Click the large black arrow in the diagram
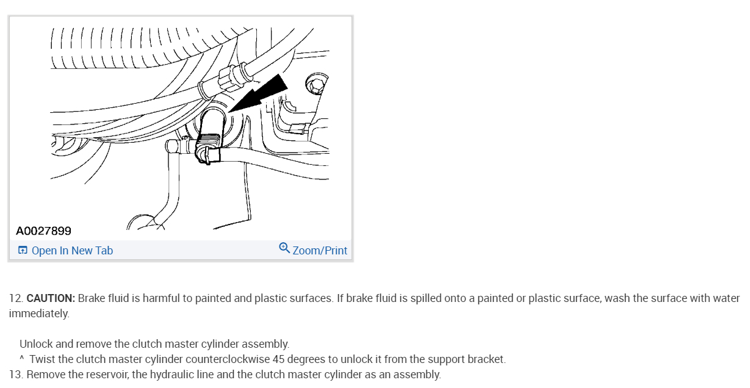pyautogui.click(x=261, y=95)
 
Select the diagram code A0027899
pyautogui.click(x=43, y=231)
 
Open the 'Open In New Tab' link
pyautogui.click(x=72, y=251)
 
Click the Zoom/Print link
pyautogui.click(x=320, y=251)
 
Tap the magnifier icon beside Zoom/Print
pyautogui.click(x=284, y=248)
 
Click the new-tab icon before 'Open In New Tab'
pyautogui.click(x=23, y=251)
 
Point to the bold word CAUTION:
pyautogui.click(x=51, y=298)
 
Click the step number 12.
pyautogui.click(x=15, y=298)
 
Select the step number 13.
pyautogui.click(x=15, y=375)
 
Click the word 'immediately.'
pyautogui.click(x=39, y=314)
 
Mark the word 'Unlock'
pyautogui.click(x=34, y=344)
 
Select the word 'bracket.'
pyautogui.click(x=486, y=359)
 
